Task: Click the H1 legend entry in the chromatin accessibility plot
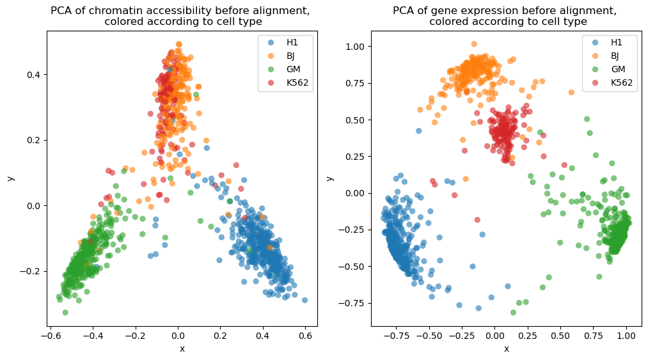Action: click(285, 43)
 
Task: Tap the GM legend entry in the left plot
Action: click(285, 70)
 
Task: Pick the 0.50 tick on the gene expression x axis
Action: click(560, 336)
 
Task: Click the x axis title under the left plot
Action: click(182, 349)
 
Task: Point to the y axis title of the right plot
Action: click(329, 178)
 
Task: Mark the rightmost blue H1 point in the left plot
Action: click(304, 300)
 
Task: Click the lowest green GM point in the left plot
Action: click(65, 313)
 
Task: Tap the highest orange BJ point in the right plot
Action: click(474, 44)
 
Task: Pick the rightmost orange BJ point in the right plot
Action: click(571, 92)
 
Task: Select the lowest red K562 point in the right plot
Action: click(477, 220)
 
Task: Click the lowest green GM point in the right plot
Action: click(513, 313)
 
